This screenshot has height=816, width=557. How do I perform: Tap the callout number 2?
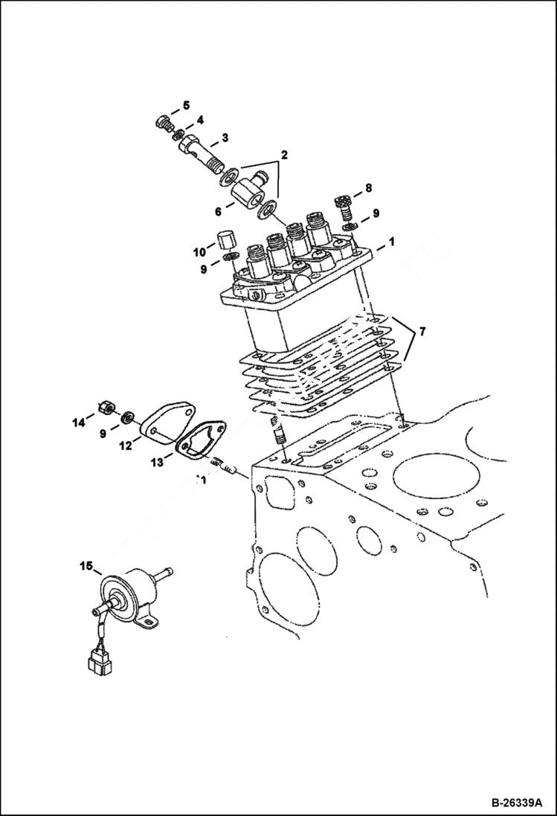pyautogui.click(x=283, y=155)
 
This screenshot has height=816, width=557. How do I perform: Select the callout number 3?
pyautogui.click(x=224, y=138)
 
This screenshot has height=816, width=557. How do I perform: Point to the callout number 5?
pyautogui.click(x=186, y=105)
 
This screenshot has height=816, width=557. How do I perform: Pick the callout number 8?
pyautogui.click(x=367, y=189)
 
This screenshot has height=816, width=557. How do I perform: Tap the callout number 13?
pyautogui.click(x=158, y=463)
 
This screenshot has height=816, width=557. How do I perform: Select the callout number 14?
pyautogui.click(x=79, y=424)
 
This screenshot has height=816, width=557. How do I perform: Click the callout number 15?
pyautogui.click(x=86, y=567)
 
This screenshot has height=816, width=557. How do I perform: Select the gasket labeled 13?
pyautogui.click(x=199, y=446)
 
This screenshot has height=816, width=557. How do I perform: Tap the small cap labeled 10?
pyautogui.click(x=226, y=241)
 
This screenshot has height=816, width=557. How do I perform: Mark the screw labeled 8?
pyautogui.click(x=342, y=202)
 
